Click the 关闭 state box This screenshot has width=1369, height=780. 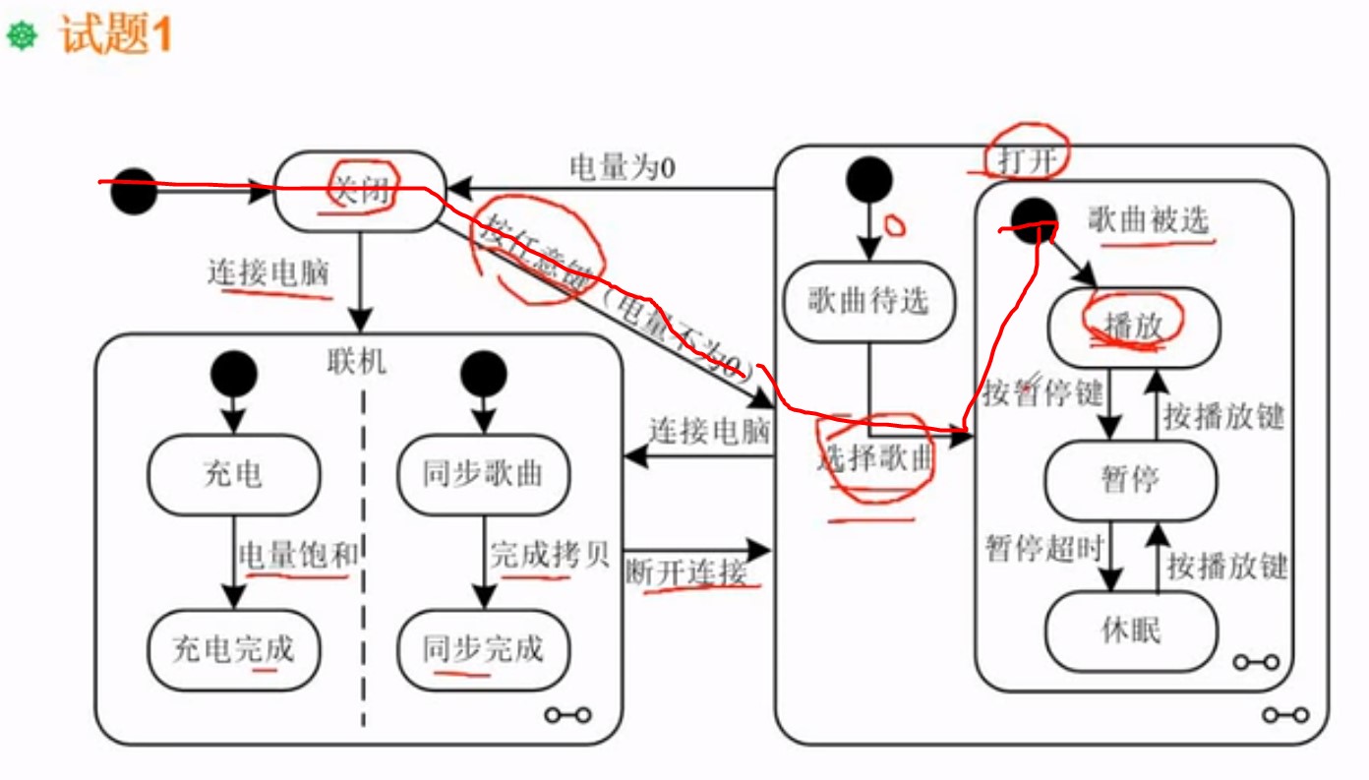(x=359, y=192)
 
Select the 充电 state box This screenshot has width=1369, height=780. (x=233, y=475)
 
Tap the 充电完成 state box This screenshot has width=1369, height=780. (x=233, y=648)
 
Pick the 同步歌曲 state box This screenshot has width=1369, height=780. (x=483, y=475)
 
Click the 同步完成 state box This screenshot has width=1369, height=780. (x=483, y=648)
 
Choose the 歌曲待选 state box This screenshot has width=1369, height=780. (x=868, y=301)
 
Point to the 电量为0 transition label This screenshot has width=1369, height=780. (x=622, y=167)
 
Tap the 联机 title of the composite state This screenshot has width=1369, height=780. (x=356, y=362)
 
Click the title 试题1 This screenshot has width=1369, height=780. (x=116, y=36)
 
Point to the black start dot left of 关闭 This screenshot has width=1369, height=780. (x=133, y=192)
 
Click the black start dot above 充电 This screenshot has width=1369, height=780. (x=234, y=375)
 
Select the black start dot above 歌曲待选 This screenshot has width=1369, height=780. (x=869, y=180)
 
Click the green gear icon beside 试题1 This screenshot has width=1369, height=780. (x=22, y=36)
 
